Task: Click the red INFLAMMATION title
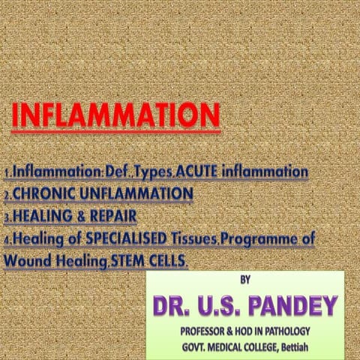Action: point(115,116)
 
